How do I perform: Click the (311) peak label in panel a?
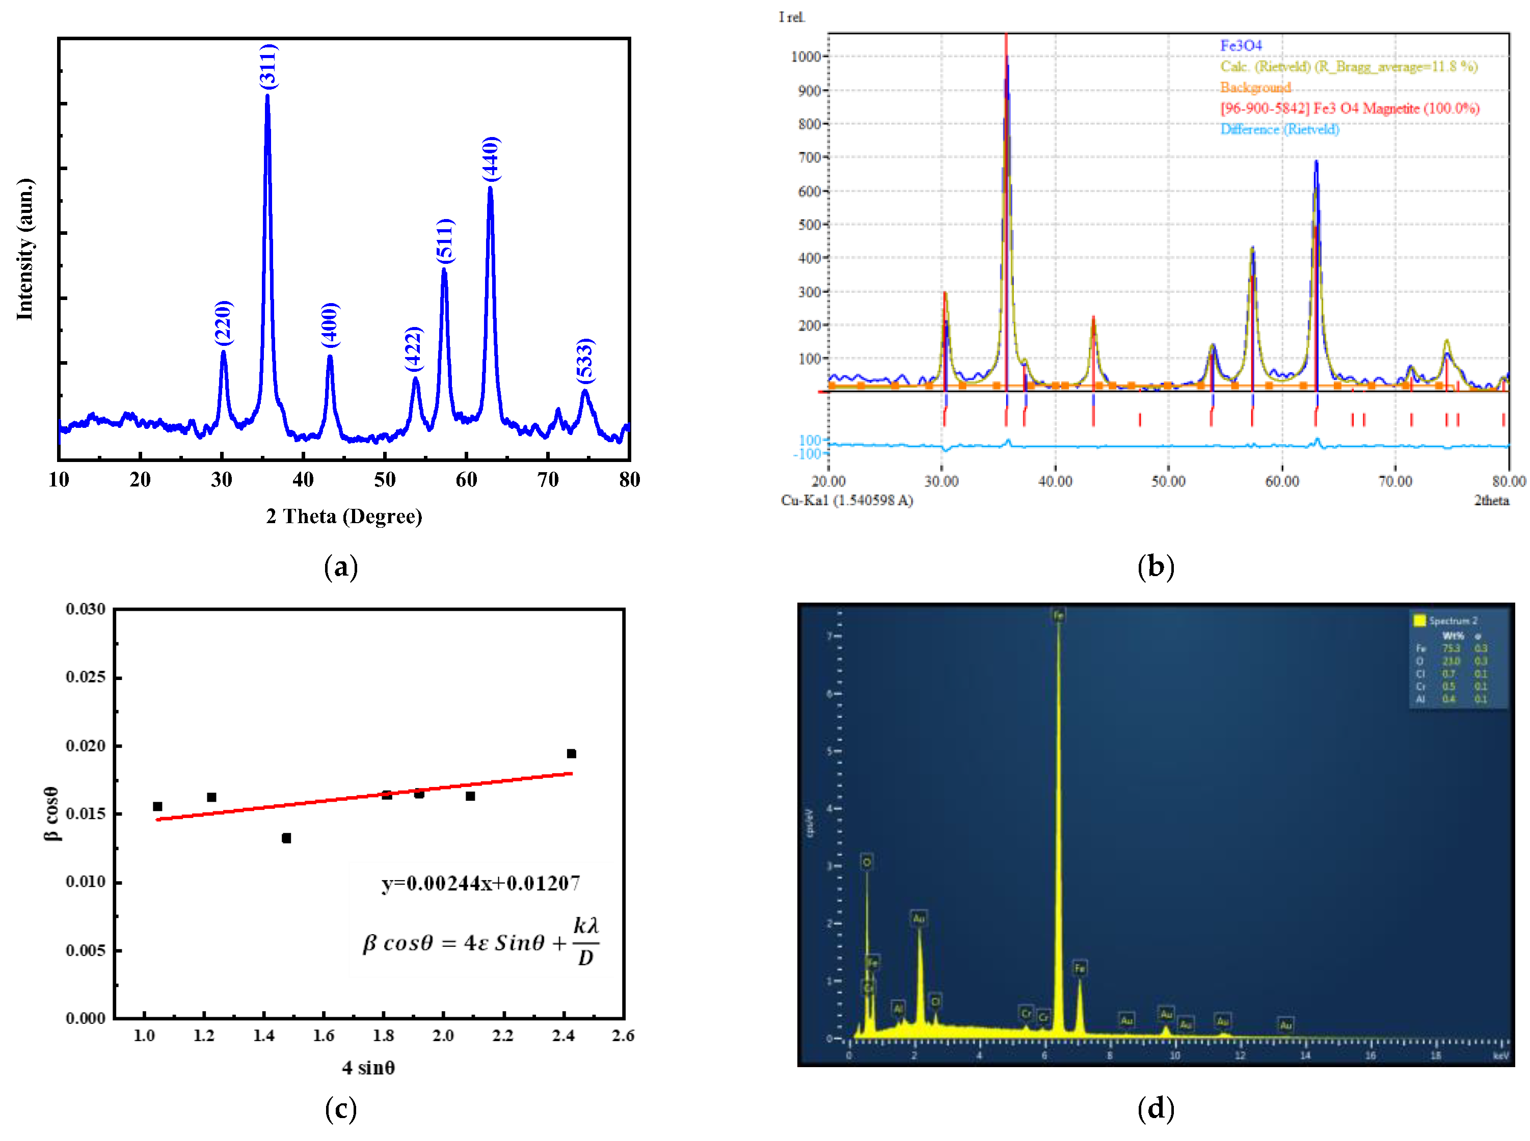coord(268,66)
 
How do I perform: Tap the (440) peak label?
coord(491,159)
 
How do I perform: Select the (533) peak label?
coord(585,360)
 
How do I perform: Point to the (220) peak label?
coord(223,322)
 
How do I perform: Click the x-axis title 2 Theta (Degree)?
coord(343,516)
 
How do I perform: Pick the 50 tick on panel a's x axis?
coord(385,479)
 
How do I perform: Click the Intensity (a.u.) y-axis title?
coord(25,249)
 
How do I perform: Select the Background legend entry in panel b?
coord(1254,88)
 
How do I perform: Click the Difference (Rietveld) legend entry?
coord(1279,129)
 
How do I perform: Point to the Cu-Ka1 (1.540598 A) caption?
coord(846,500)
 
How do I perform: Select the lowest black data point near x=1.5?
coord(286,838)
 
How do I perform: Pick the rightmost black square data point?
coord(571,753)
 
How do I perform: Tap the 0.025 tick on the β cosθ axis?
coord(86,677)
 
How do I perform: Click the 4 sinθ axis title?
coord(368,1068)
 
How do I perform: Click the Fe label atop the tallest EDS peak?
coord(1058,615)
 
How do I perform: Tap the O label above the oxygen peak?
coord(866,862)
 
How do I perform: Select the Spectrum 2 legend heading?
coord(1452,620)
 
